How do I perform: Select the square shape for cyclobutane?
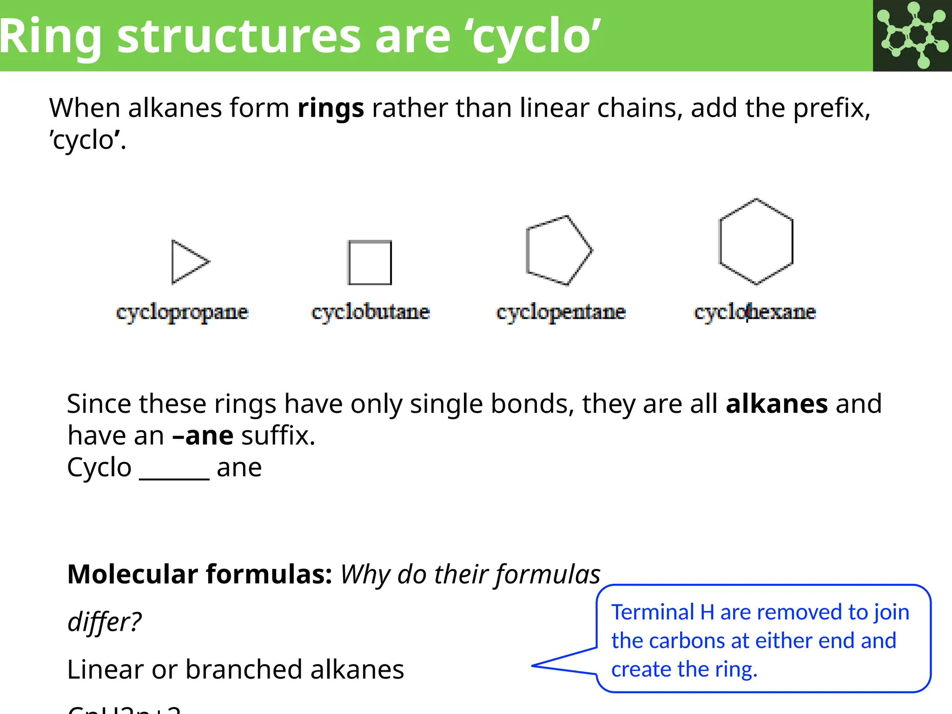pos(370,263)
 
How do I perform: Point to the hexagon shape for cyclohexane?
pos(756,241)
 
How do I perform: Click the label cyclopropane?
pos(182,312)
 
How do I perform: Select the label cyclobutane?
pos(370,312)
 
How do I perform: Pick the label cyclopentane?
pos(561,312)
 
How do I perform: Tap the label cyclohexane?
pos(754,312)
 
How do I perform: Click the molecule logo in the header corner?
pos(912,35)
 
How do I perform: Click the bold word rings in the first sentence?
pos(331,108)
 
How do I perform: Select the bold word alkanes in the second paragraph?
pos(776,403)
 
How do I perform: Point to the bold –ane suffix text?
pos(203,436)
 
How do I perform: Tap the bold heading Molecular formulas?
pos(199,574)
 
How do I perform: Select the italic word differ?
pos(104,621)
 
